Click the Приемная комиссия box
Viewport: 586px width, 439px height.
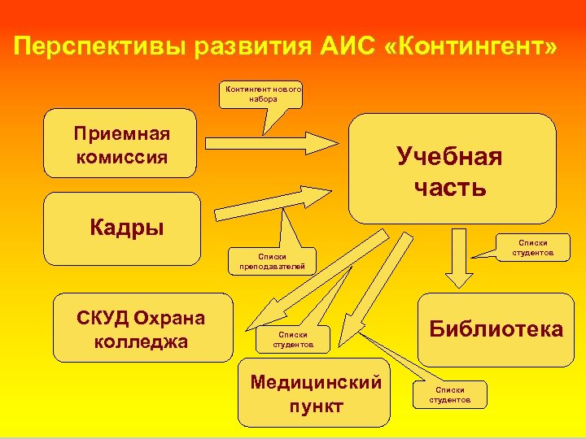click(120, 144)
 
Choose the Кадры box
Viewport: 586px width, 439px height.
click(122, 228)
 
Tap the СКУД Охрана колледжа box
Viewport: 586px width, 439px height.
click(142, 328)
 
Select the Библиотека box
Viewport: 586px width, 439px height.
click(496, 329)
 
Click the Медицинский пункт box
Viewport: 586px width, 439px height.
click(316, 393)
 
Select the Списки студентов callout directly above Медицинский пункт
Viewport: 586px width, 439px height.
click(292, 340)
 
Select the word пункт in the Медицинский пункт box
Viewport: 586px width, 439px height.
click(316, 406)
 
